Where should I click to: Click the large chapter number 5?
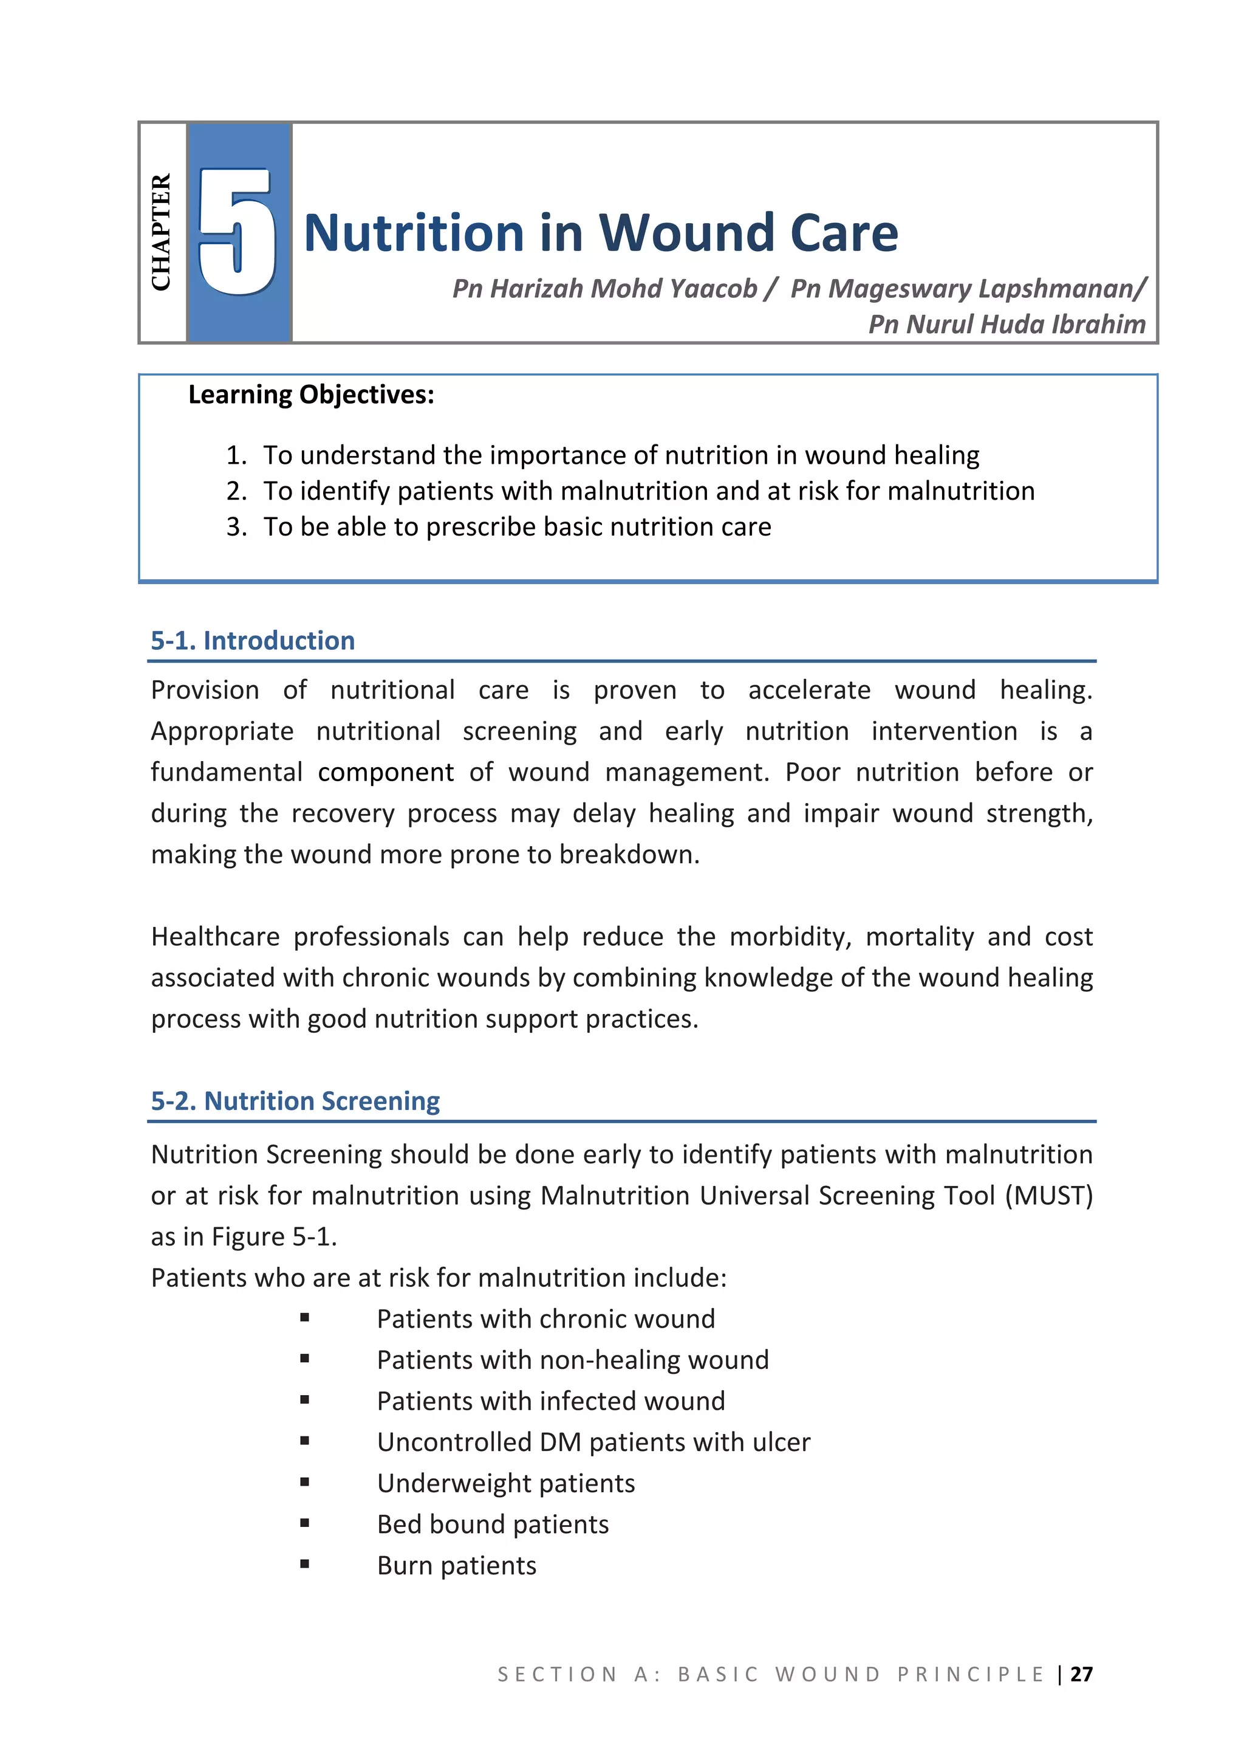(236, 232)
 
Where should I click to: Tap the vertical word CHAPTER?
(161, 232)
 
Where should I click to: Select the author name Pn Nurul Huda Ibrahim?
(1006, 325)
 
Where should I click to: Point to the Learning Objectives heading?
(311, 395)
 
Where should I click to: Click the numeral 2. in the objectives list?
(236, 491)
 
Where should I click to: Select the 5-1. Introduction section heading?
(253, 641)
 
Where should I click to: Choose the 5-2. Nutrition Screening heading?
(295, 1101)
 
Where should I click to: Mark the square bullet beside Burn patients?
(305, 1564)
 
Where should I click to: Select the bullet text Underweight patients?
(506, 1483)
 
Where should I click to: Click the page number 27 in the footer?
(1081, 1674)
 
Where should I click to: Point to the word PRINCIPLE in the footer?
(971, 1674)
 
